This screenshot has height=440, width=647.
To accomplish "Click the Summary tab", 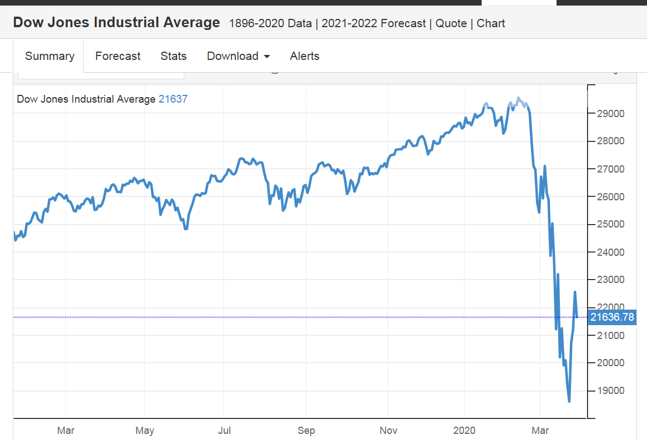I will click(x=49, y=56).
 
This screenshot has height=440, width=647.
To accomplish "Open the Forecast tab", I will click(x=118, y=56).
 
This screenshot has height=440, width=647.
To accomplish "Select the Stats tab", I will click(x=173, y=56).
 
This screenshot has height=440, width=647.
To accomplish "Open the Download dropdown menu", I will click(x=238, y=56).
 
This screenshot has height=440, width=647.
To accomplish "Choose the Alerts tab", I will click(x=305, y=56).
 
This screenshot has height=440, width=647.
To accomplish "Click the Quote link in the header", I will click(x=451, y=23).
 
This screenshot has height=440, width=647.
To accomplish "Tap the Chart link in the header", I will click(x=491, y=23).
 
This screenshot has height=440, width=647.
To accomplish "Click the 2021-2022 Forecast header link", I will click(x=373, y=23).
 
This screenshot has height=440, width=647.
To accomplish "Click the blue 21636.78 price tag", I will click(x=612, y=317).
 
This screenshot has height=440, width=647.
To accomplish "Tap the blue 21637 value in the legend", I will click(x=173, y=99).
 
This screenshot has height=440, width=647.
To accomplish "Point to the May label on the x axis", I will click(x=145, y=431).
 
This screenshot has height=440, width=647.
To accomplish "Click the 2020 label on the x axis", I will click(x=464, y=431).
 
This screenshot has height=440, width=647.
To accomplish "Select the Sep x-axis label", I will click(x=306, y=431).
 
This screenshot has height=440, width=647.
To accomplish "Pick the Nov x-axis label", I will click(x=388, y=431).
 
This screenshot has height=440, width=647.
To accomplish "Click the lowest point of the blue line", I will click(x=569, y=401).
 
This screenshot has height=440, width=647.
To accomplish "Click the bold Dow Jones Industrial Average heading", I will click(x=117, y=23).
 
